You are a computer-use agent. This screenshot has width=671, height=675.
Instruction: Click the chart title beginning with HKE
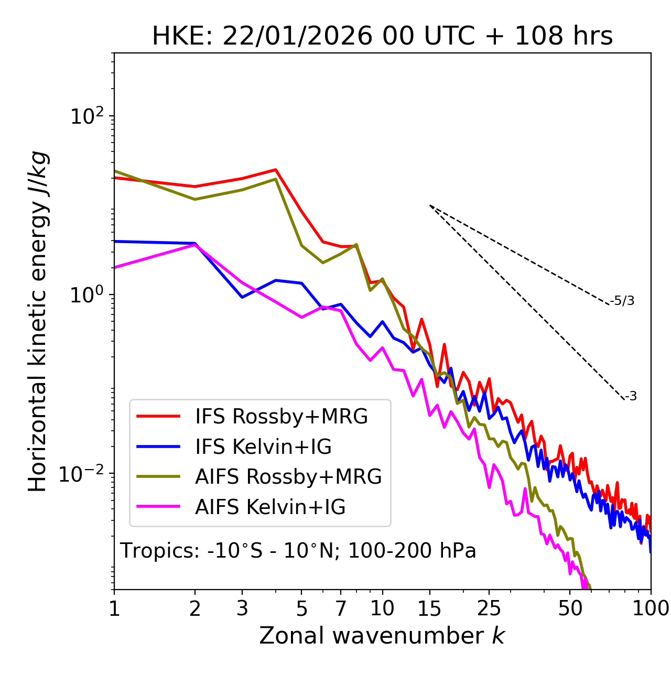[x=382, y=37]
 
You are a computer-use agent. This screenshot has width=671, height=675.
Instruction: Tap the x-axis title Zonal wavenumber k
[x=382, y=635]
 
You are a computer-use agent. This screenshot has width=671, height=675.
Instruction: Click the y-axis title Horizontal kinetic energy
[x=38, y=321]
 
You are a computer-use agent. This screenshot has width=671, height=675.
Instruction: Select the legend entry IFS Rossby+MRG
[x=281, y=417]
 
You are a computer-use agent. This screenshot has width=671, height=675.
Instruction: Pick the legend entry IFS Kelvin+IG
[x=263, y=447]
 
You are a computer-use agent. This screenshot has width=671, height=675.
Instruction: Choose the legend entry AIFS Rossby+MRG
[x=288, y=477]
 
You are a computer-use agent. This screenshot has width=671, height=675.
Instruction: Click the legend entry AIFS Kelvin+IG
[x=270, y=507]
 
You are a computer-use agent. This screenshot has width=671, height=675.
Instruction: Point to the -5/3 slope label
[x=622, y=301]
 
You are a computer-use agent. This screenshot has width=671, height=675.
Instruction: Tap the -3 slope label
[x=631, y=397]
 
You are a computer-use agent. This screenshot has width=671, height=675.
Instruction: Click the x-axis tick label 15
[x=429, y=608]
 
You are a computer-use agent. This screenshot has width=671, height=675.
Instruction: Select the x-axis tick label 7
[x=341, y=608]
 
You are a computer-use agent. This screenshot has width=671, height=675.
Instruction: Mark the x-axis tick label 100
[x=650, y=608]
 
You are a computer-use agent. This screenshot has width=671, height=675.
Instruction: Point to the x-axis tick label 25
[x=489, y=608]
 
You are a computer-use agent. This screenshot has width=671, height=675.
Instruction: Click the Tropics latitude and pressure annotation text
[x=298, y=551]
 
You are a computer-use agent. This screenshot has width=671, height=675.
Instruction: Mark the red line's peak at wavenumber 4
[x=276, y=169]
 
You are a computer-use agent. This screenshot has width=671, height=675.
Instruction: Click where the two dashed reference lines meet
[x=429, y=205]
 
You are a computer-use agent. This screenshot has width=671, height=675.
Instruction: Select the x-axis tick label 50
[x=570, y=608]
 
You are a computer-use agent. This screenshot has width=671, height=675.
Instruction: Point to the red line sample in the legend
[x=158, y=417]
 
